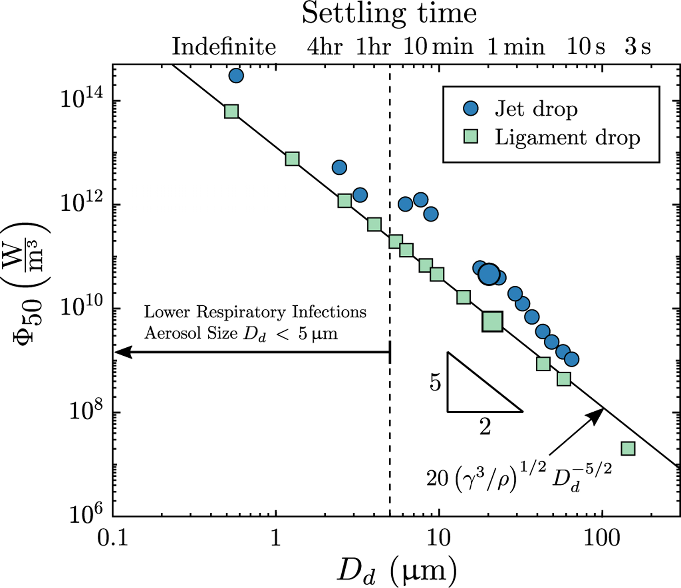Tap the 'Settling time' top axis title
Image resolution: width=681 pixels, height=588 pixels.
tap(389, 14)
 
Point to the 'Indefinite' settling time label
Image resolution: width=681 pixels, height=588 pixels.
tap(224, 47)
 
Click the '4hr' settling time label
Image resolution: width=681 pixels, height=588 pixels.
tap(325, 47)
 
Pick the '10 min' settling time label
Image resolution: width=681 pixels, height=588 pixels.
tap(438, 47)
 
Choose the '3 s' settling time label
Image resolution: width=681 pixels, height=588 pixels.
tap(637, 47)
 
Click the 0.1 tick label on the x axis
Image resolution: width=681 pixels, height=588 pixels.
tap(113, 537)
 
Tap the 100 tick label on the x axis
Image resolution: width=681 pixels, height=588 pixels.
tap(602, 537)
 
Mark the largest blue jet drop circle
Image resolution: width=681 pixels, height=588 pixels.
tap(489, 274)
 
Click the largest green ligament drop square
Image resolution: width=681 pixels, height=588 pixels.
tap(493, 322)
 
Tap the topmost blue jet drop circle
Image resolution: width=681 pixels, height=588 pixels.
tap(236, 76)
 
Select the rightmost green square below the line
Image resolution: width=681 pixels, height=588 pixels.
tap(628, 449)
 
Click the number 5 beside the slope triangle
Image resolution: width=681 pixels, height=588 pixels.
tap(435, 383)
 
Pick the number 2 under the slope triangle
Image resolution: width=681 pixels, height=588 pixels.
tap(485, 427)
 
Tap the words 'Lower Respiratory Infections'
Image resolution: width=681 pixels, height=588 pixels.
tap(255, 312)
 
